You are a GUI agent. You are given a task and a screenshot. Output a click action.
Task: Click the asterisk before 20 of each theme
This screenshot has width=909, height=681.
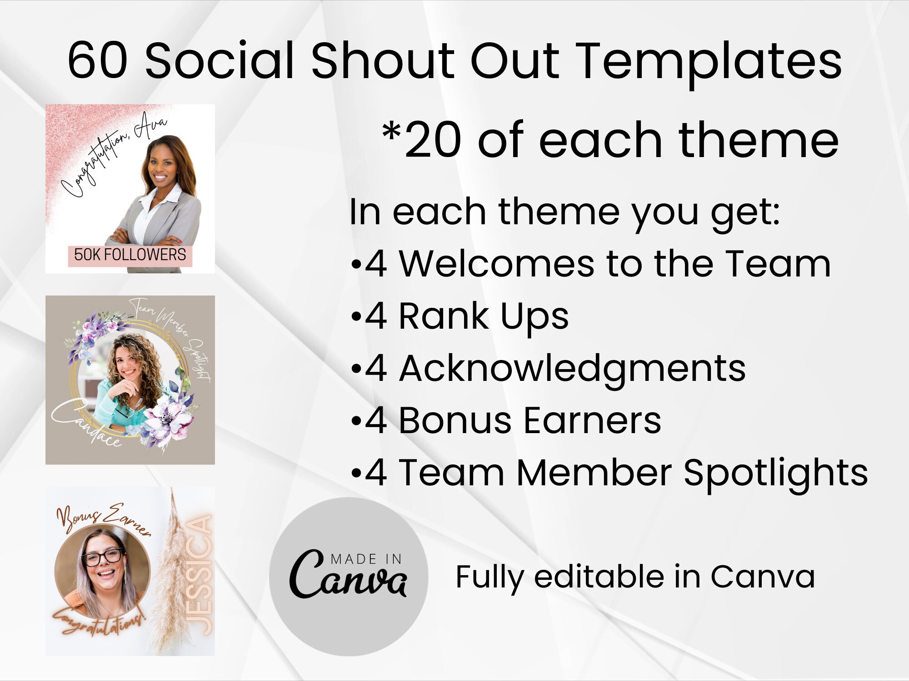pos(391,133)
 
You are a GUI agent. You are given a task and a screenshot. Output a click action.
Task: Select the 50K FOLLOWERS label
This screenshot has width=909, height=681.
pos(130,255)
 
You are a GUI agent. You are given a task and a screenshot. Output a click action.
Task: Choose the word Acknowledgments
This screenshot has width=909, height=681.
pos(572,369)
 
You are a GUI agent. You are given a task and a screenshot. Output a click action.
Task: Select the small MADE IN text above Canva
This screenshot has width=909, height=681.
pos(366,559)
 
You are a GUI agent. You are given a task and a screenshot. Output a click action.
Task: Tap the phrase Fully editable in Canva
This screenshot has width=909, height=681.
pos(635,577)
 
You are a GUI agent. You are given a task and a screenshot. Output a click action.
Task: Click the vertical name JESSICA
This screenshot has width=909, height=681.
pos(200,575)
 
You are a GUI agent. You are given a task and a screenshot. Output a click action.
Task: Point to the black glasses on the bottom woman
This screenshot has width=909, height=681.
pos(103,557)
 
